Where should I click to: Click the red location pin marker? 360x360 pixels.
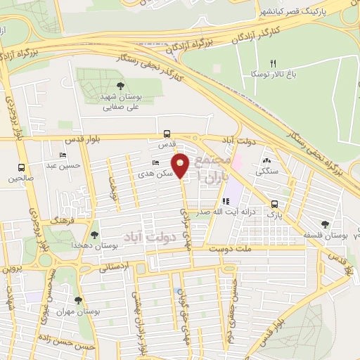pos(181,165)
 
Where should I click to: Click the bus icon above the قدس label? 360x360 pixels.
pos(167,133)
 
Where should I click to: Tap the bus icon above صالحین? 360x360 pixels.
pos(21,168)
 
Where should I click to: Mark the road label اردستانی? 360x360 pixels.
pos(110,268)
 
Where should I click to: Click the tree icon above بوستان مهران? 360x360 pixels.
pos(78,300)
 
